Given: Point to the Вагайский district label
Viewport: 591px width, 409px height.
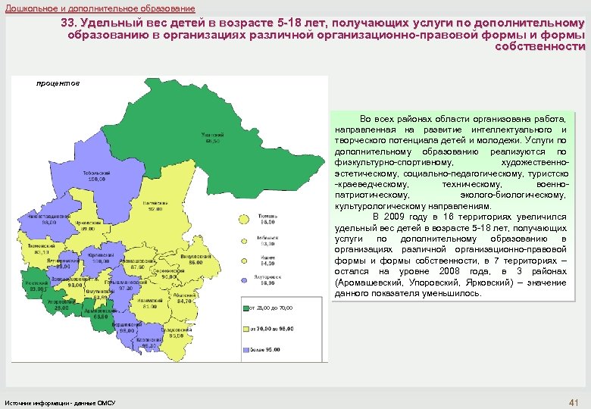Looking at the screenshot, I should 154,205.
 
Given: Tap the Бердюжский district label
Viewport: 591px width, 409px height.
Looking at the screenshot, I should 124,328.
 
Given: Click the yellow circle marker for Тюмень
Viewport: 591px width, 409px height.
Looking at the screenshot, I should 244,219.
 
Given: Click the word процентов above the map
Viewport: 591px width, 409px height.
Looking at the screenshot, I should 57,83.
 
